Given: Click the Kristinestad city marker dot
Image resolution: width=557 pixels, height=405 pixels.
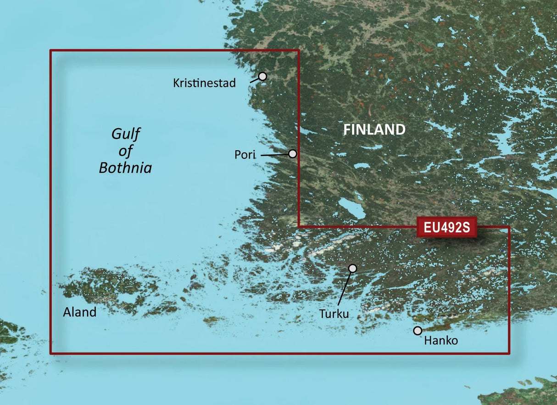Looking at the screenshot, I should click(x=262, y=76).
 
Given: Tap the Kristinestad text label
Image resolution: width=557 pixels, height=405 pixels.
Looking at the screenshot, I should click(x=204, y=83).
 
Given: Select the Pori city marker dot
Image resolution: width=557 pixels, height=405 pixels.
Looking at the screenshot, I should click(x=292, y=154).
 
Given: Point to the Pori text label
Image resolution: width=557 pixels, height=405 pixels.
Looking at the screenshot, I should click(x=245, y=155).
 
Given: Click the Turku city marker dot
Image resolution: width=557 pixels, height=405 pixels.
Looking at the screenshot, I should click(x=352, y=268).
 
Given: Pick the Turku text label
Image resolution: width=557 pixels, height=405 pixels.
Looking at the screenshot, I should click(x=334, y=314).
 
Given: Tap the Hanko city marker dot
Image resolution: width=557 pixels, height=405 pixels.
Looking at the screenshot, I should click(x=418, y=331).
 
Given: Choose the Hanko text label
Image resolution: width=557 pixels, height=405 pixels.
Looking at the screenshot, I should click(x=441, y=341).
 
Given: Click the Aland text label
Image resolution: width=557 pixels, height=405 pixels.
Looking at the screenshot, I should click(x=80, y=313).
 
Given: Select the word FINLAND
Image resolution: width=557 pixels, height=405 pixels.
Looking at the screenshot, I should click(x=374, y=130).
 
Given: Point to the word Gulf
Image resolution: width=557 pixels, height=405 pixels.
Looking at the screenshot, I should click(x=125, y=134).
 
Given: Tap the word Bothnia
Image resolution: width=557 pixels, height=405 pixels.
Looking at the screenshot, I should click(x=125, y=168).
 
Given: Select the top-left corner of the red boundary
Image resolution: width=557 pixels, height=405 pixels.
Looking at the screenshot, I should click(x=50, y=51).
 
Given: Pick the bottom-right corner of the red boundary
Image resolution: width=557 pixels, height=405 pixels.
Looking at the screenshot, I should click(x=509, y=353).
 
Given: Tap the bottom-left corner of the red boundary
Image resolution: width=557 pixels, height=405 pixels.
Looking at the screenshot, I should click(x=50, y=353).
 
